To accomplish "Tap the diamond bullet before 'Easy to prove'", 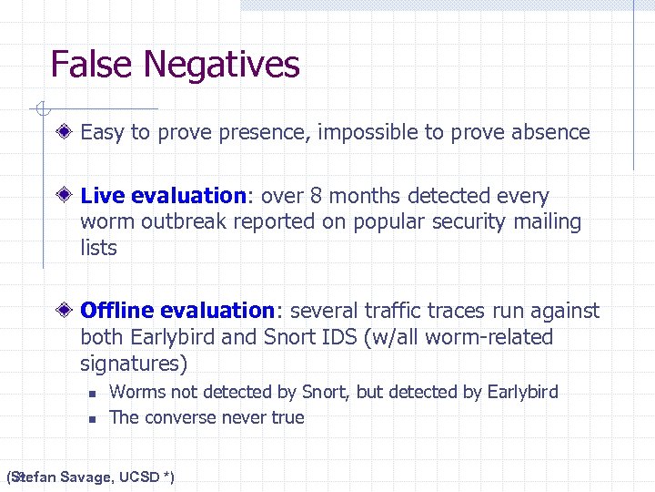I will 66,132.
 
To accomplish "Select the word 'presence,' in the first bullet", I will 267,132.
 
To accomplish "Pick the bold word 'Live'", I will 103,196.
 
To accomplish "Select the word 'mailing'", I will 547,221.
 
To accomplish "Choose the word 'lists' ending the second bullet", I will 98,247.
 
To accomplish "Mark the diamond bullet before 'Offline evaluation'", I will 66,311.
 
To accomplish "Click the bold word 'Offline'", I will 115,311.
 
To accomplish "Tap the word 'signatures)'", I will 134,364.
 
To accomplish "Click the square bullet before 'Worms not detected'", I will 91,393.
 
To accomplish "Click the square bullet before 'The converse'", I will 91,418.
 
